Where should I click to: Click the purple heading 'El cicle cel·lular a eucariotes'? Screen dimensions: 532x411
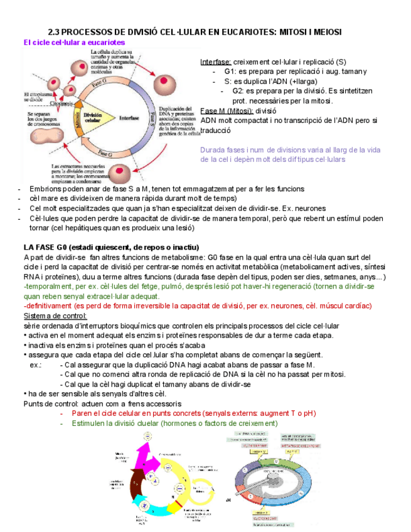coord(73,42)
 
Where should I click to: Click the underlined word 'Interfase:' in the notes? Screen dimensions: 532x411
coord(215,63)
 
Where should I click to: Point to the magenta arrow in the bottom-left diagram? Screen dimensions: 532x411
coord(144,453)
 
